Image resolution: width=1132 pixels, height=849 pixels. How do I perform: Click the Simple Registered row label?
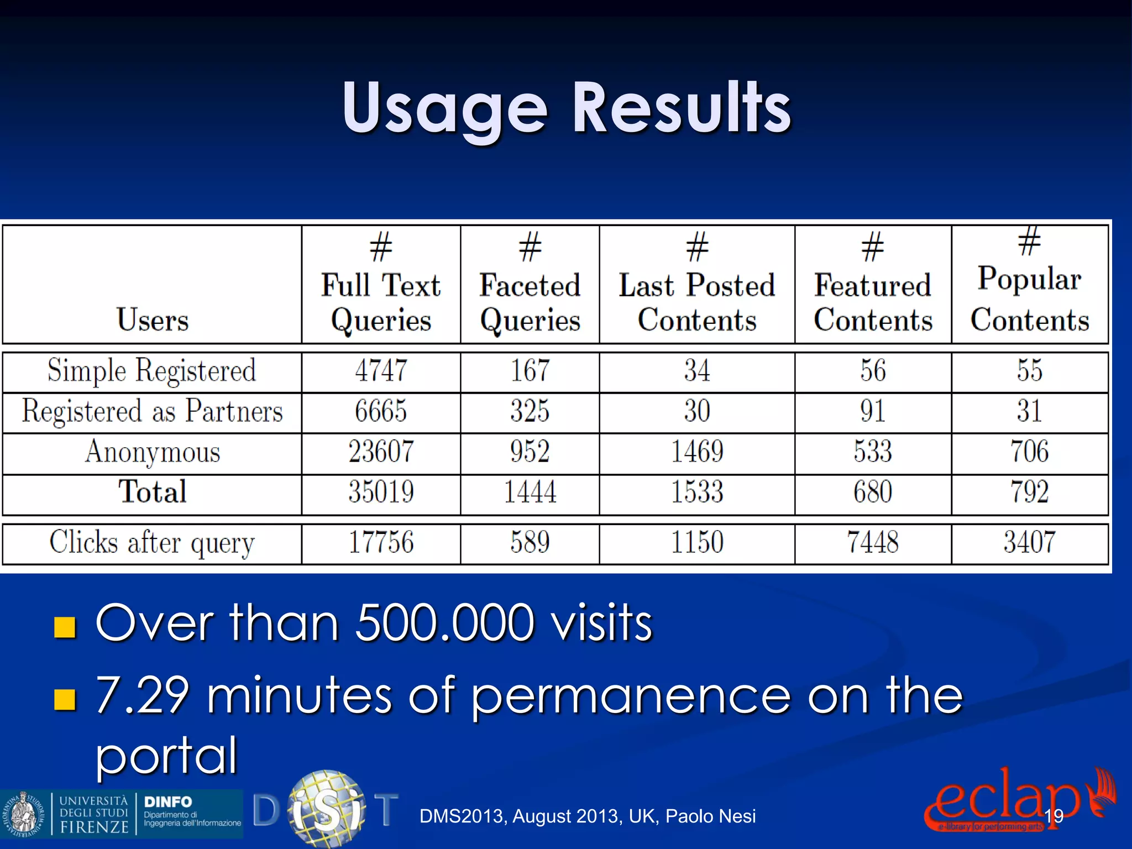pyautogui.click(x=152, y=370)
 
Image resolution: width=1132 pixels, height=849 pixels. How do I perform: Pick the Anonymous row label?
pyautogui.click(x=153, y=452)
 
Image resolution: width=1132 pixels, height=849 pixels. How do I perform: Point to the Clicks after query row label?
pyautogui.click(x=152, y=542)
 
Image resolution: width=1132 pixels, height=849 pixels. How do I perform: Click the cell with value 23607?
pyautogui.click(x=381, y=452)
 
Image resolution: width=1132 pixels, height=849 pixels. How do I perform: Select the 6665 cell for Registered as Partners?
pyautogui.click(x=381, y=411)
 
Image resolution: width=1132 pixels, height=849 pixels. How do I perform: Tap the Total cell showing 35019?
pyautogui.click(x=381, y=492)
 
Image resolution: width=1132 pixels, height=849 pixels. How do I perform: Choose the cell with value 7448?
pyautogui.click(x=873, y=542)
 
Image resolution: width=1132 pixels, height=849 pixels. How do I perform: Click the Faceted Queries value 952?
pyautogui.click(x=530, y=452)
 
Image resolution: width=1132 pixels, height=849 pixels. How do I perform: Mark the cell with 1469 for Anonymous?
pyautogui.click(x=697, y=452)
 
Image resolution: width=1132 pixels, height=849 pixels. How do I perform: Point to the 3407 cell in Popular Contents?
pyautogui.click(x=1029, y=542)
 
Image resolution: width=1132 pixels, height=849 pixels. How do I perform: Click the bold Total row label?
pyautogui.click(x=153, y=492)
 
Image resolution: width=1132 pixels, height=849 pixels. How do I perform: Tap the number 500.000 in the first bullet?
pyautogui.click(x=445, y=623)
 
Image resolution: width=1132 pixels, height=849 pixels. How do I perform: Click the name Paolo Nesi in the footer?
pyautogui.click(x=710, y=816)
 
